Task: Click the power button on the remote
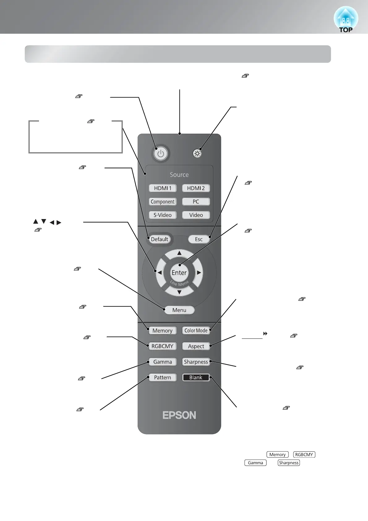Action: (x=160, y=153)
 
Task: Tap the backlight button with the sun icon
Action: (x=197, y=153)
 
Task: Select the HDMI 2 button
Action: (x=196, y=188)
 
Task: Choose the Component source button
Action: (x=163, y=202)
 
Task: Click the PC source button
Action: (x=196, y=202)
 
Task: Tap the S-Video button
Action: (x=163, y=215)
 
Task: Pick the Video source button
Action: (x=196, y=215)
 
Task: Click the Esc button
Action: (x=199, y=239)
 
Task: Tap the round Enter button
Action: (x=179, y=273)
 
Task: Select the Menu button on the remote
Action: (x=179, y=310)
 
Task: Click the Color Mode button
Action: (x=196, y=330)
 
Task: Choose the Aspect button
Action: (x=196, y=346)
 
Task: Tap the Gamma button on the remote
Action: (x=163, y=362)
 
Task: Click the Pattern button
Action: (x=163, y=377)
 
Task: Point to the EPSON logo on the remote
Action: (x=179, y=415)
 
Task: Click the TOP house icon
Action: (x=346, y=20)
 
